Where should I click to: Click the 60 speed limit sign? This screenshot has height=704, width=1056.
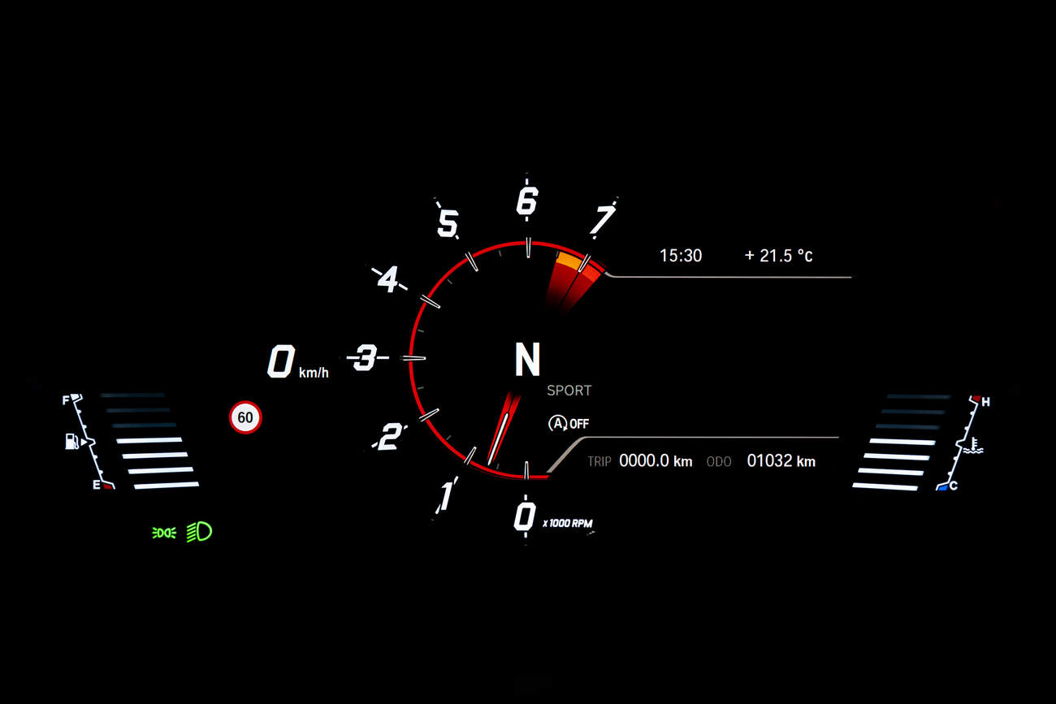pyautogui.click(x=245, y=417)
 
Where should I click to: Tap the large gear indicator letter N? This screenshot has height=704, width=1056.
pyautogui.click(x=527, y=359)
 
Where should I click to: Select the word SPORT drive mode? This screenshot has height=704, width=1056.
pyautogui.click(x=569, y=391)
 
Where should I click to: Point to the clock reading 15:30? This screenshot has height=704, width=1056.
pyautogui.click(x=681, y=256)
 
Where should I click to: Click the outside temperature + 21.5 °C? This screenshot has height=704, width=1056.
pyautogui.click(x=779, y=256)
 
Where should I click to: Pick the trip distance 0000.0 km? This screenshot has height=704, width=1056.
pyautogui.click(x=656, y=460)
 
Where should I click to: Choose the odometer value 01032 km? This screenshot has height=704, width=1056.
pyautogui.click(x=781, y=460)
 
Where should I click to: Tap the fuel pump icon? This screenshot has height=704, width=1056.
pyautogui.click(x=71, y=442)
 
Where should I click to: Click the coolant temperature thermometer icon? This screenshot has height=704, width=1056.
pyautogui.click(x=973, y=445)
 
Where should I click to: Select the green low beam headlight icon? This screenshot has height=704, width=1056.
pyautogui.click(x=199, y=532)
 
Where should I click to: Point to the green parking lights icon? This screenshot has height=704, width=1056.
pyautogui.click(x=164, y=533)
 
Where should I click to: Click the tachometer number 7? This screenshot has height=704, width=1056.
pyautogui.click(x=603, y=219)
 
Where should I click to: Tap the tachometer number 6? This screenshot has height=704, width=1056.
pyautogui.click(x=527, y=201)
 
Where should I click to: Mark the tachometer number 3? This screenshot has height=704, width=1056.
pyautogui.click(x=366, y=357)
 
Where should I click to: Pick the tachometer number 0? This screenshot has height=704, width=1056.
pyautogui.click(x=525, y=516)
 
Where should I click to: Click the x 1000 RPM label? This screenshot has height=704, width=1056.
pyautogui.click(x=568, y=523)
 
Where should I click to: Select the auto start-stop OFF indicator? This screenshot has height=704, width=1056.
pyautogui.click(x=569, y=424)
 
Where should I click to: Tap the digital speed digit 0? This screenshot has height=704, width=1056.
pyautogui.click(x=281, y=361)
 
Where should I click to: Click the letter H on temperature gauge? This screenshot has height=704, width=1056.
pyautogui.click(x=985, y=402)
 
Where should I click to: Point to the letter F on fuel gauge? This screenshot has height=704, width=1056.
pyautogui.click(x=66, y=400)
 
